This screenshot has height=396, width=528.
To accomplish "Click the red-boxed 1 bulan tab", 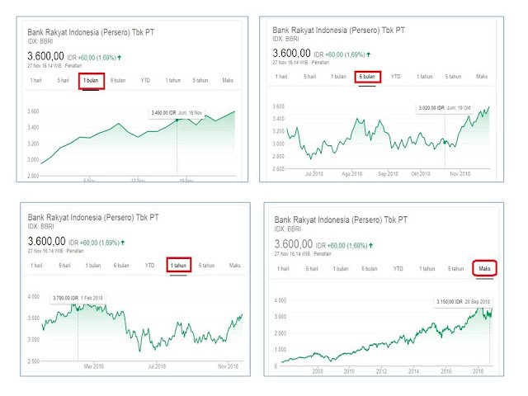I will [91, 80].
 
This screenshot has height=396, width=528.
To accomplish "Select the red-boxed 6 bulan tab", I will [367, 76].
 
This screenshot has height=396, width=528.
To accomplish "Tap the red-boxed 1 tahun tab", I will [178, 266].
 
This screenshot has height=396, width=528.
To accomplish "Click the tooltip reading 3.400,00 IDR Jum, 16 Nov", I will [176, 113].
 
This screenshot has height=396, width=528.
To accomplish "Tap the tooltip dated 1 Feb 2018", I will [79, 296].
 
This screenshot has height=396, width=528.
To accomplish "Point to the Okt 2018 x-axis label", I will [422, 174].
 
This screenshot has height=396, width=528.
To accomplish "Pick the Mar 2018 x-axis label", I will [92, 365].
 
